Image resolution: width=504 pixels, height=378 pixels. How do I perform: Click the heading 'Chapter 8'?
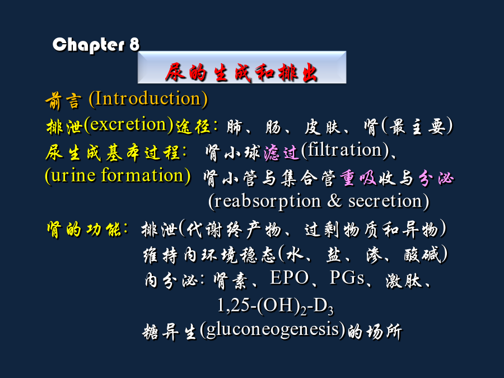(x=96, y=45)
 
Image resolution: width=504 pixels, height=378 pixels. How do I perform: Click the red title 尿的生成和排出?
(x=241, y=72)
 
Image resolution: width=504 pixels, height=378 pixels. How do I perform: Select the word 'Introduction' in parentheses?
(x=148, y=99)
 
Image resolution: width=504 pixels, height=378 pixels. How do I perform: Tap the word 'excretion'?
(x=129, y=124)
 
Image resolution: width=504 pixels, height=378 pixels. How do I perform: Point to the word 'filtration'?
(x=345, y=150)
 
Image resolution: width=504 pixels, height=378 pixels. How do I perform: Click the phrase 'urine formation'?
(x=118, y=175)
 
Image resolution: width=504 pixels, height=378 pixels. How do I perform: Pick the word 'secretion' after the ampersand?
(x=385, y=201)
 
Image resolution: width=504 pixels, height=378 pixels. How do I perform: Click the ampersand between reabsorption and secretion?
(x=334, y=200)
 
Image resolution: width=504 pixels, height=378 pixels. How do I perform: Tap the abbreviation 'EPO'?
(x=290, y=277)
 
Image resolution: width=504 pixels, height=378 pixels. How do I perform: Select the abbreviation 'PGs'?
(x=347, y=277)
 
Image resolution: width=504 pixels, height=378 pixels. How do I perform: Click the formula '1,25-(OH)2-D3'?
(x=276, y=305)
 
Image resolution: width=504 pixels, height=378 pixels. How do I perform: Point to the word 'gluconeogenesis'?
(x=273, y=330)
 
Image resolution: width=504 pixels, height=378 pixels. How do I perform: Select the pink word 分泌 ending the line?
(x=436, y=178)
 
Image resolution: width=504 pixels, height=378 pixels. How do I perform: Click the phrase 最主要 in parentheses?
(x=417, y=127)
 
